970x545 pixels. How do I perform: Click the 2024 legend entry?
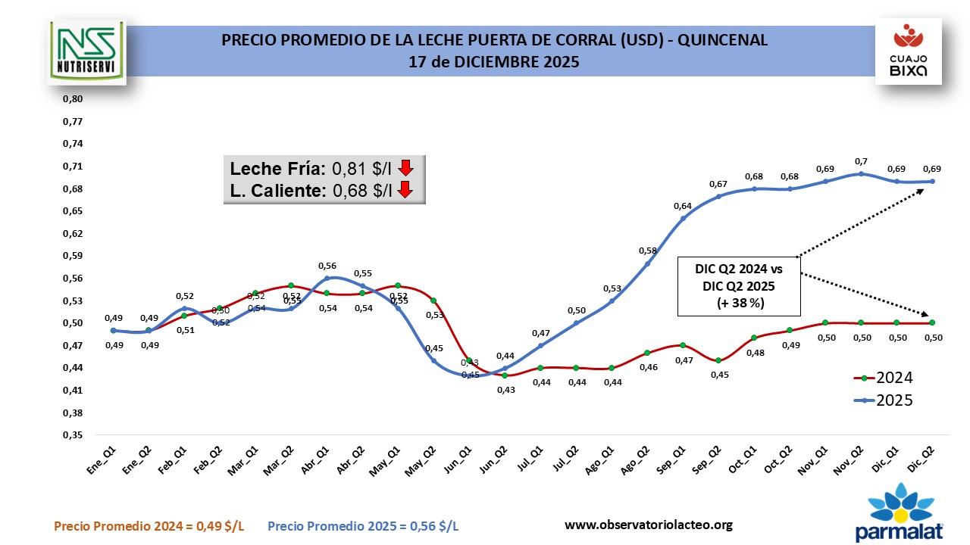coord(883,378)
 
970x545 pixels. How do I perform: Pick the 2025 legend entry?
coord(883,400)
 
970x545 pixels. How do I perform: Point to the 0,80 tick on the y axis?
coord(72,98)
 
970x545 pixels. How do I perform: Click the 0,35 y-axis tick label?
coord(72,435)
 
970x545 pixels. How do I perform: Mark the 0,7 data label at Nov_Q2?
coord(861,161)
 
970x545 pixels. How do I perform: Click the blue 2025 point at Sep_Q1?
coord(683,219)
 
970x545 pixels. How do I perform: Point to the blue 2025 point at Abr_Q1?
coord(327,278)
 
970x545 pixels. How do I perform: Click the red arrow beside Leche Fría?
coord(405,167)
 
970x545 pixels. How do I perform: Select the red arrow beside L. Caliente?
coord(405,190)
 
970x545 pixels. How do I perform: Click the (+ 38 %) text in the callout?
coord(739,303)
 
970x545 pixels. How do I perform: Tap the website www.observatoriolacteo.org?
coord(649,525)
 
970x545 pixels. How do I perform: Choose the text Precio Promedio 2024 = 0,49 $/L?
coord(149,526)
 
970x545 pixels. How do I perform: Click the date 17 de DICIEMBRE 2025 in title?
coord(494,62)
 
